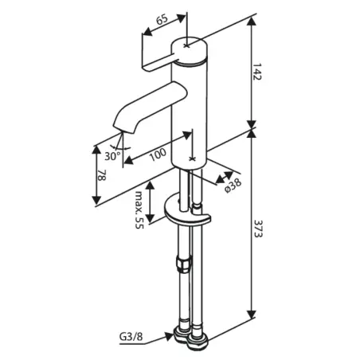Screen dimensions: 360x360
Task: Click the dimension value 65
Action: [x=162, y=20]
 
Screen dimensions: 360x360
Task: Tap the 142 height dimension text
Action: [x=256, y=72]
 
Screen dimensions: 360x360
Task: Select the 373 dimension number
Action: [x=257, y=228]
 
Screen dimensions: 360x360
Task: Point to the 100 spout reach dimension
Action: [x=158, y=155]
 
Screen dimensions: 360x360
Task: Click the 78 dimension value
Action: [x=102, y=175]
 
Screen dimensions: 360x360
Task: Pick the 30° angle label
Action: [x=112, y=156]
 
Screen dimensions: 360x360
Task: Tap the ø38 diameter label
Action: [x=233, y=186]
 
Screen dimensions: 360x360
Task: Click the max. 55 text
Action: [x=139, y=210]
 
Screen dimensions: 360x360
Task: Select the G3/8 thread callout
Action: [x=131, y=337]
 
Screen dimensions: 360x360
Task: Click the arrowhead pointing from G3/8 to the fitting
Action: [x=169, y=336]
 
